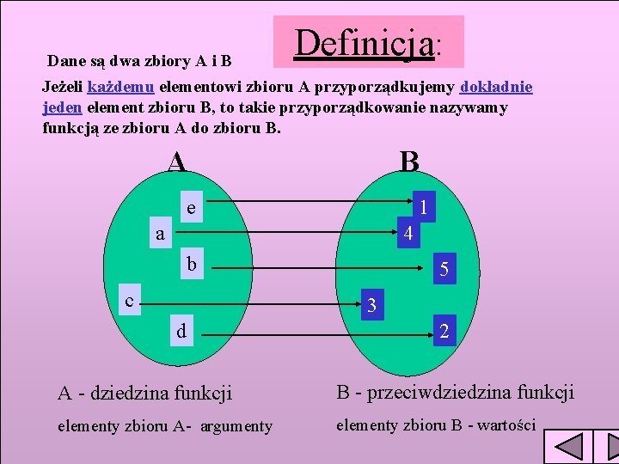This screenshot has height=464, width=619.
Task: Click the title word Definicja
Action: tap(364, 41)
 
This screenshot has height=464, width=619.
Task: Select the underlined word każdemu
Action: tap(121, 88)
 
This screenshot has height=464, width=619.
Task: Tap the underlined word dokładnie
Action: tap(497, 88)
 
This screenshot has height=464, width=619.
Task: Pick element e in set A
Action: tap(191, 208)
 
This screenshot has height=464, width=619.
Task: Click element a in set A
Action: tap(160, 233)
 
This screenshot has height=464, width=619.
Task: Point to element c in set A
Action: tap(129, 301)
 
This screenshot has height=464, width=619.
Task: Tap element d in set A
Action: tap(181, 331)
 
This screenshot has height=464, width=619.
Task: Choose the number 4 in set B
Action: tap(409, 233)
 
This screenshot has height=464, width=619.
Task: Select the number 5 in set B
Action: tap(444, 270)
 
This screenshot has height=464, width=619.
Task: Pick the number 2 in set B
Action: tap(443, 332)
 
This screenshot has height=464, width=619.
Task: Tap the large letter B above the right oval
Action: tap(409, 160)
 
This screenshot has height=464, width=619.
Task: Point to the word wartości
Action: tap(506, 424)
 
